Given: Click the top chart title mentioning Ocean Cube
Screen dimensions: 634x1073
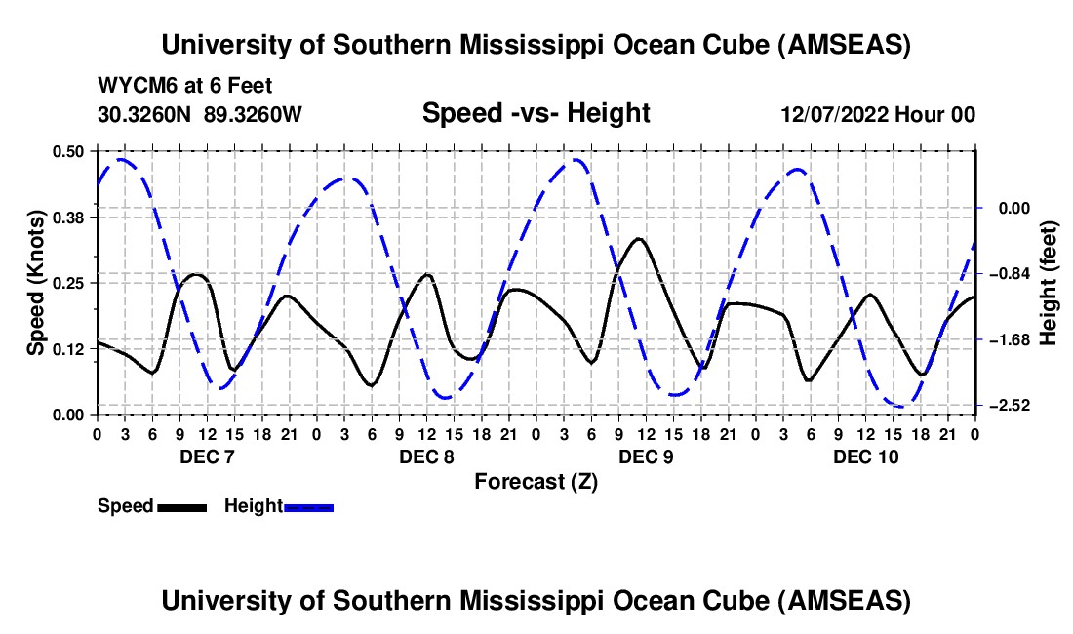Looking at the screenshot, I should click(x=536, y=45).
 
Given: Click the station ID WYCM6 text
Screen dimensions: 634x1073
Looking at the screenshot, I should click(x=132, y=86).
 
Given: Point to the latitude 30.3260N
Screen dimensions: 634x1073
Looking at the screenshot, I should click(x=146, y=114).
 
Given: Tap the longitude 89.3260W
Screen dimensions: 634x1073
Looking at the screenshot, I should click(x=254, y=114).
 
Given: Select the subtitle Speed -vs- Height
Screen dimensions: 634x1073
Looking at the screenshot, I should click(x=536, y=113).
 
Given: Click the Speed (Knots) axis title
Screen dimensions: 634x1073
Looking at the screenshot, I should click(x=35, y=283).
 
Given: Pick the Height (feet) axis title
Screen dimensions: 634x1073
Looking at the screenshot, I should click(x=1049, y=283).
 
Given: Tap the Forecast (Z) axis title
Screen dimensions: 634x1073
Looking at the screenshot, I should click(x=536, y=481).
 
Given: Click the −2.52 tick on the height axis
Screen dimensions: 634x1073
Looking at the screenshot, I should click(x=1007, y=406).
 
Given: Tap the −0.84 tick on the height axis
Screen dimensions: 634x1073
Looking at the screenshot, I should click(x=1007, y=274).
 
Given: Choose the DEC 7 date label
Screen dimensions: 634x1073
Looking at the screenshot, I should click(x=207, y=456).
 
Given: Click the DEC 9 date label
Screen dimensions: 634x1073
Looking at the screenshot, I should click(x=646, y=456).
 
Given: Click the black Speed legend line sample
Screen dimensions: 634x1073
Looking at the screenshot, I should click(x=181, y=507).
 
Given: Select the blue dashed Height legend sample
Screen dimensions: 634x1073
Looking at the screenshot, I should click(x=309, y=507).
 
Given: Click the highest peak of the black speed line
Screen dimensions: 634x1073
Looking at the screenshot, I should click(x=639, y=238).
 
